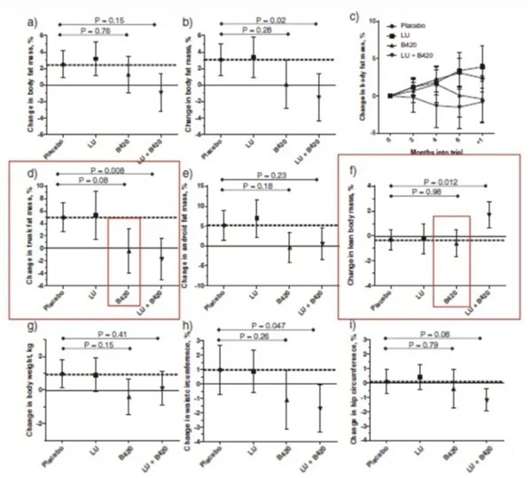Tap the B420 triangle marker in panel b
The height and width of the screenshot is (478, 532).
pos(286,85)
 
